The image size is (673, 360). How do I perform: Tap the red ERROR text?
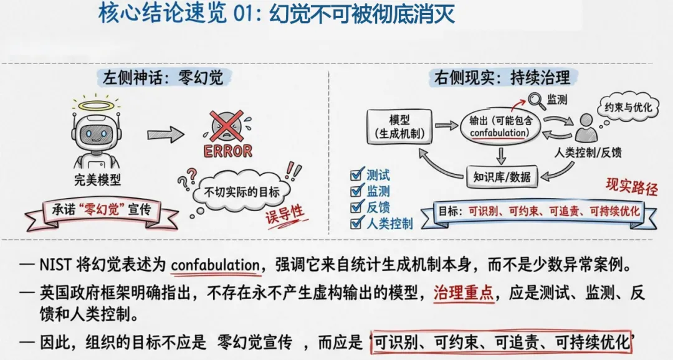pyautogui.click(x=227, y=150)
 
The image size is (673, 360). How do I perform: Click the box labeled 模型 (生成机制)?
pyautogui.click(x=398, y=126)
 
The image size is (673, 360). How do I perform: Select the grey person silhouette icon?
pyautogui.click(x=587, y=128)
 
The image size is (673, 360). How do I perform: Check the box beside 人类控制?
pyautogui.click(x=356, y=222)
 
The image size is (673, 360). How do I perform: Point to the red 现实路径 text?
pyautogui.click(x=631, y=186)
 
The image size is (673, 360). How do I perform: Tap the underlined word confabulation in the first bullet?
pyautogui.click(x=215, y=264)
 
